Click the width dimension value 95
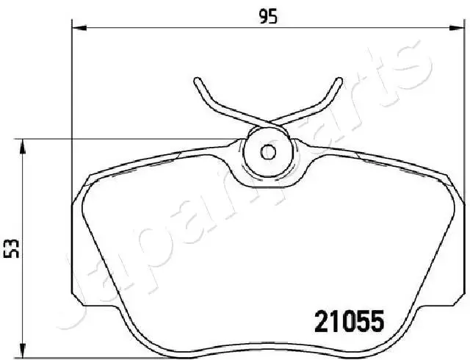(x=268, y=16)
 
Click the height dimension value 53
(x=12, y=249)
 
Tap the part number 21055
(x=350, y=320)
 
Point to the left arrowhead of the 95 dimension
(x=79, y=28)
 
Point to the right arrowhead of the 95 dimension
(x=455, y=28)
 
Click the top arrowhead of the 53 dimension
(x=22, y=147)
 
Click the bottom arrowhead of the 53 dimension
(x=22, y=350)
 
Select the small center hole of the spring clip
(x=268, y=152)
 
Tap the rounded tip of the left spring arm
(x=198, y=81)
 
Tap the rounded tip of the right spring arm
(x=339, y=81)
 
